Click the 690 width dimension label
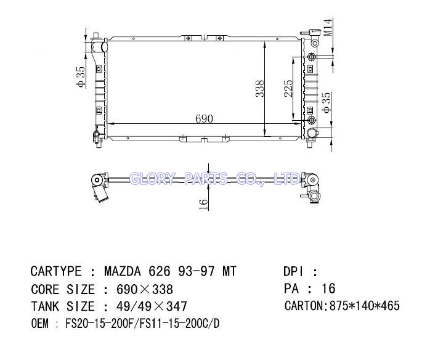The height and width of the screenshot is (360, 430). pyautogui.click(x=204, y=118)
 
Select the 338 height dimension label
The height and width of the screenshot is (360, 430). pyautogui.click(x=260, y=89)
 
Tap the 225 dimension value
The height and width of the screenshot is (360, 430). pyautogui.click(x=288, y=88)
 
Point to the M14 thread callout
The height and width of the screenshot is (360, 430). pyautogui.click(x=328, y=28)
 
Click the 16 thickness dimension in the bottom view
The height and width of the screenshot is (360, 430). pyautogui.click(x=203, y=205)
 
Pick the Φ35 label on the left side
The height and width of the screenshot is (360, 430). pyautogui.click(x=81, y=77)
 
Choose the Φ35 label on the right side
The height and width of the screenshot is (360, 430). pyautogui.click(x=327, y=102)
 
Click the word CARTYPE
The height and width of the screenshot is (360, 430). pyautogui.click(x=56, y=271)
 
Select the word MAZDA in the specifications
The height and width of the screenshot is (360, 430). pyautogui.click(x=123, y=271)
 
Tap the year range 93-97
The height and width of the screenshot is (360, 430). pyautogui.click(x=197, y=271)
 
